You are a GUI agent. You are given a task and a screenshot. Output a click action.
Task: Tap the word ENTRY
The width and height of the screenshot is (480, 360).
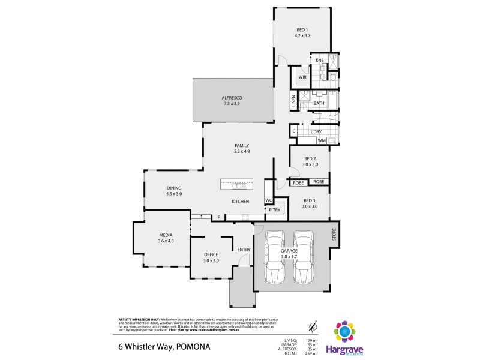click(244, 250)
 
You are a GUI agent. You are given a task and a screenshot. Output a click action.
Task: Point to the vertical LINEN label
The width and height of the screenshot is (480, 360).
click(294, 102)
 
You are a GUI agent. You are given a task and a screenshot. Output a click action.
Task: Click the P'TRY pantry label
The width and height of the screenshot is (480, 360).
click(274, 211)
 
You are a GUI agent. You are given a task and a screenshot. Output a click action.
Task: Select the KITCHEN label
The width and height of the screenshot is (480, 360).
click(241, 202)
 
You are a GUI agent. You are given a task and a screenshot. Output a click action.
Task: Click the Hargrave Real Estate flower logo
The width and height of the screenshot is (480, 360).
click(344, 331)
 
